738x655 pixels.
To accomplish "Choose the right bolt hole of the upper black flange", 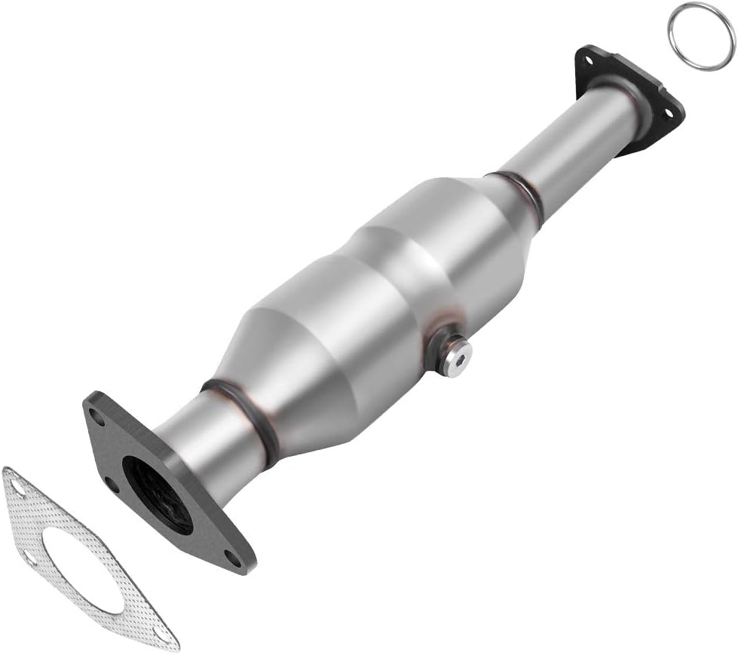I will (666, 113).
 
